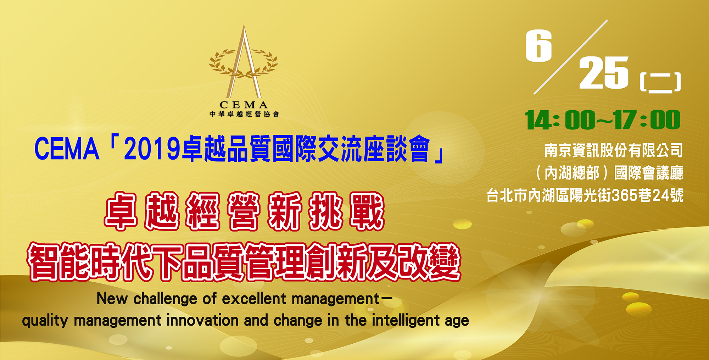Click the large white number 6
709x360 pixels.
tap(539, 45)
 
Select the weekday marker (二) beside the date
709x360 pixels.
tap(660, 82)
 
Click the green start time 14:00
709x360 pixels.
tap(560, 120)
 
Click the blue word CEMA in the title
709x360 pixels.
tap(67, 149)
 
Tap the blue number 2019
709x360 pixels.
tap(152, 149)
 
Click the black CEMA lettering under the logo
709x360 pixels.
tap(244, 105)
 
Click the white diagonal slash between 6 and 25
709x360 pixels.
tap(571, 57)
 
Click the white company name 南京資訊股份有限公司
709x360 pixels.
tap(614, 150)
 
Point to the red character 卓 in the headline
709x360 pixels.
tap(121, 211)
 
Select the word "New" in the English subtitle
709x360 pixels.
tap(112, 299)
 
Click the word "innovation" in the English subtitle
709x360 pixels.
tap(202, 320)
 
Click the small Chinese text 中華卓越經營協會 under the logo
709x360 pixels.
tap(244, 114)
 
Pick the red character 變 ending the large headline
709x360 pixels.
tap(444, 262)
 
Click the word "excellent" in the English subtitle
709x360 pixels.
tap(254, 299)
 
